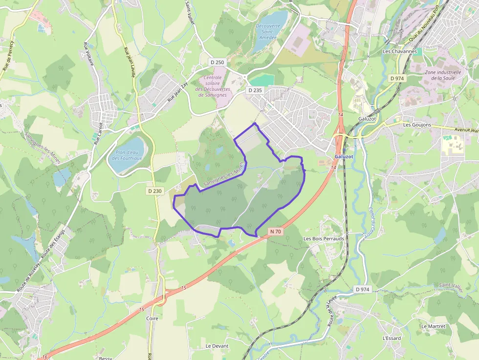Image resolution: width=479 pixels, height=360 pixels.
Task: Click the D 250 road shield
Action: [218, 63]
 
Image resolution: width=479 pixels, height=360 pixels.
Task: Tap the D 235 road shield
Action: [255, 90]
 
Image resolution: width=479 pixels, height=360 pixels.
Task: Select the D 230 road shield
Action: [154, 191]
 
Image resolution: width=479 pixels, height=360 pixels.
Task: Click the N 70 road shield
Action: [275, 231]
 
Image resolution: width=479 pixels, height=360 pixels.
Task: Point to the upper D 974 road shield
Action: [398, 78]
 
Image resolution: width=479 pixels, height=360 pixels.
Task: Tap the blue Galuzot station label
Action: [344, 156]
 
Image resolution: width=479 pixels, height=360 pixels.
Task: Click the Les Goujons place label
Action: [417, 125]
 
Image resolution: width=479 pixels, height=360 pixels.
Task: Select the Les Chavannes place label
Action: [400, 51]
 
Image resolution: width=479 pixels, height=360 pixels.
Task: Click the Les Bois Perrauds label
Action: [324, 239]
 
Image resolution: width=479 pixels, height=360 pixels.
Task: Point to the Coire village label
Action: [152, 318]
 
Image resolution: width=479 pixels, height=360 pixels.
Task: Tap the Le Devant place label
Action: [217, 346]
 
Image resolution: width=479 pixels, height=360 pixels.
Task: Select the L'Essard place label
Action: [392, 338]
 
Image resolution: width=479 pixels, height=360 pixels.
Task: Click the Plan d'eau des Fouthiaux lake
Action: [126, 155]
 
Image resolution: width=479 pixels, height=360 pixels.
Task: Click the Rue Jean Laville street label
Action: [129, 63]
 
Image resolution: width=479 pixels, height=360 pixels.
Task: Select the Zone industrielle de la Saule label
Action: [443, 75]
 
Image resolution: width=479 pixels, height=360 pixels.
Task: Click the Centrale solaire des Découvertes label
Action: [213, 86]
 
